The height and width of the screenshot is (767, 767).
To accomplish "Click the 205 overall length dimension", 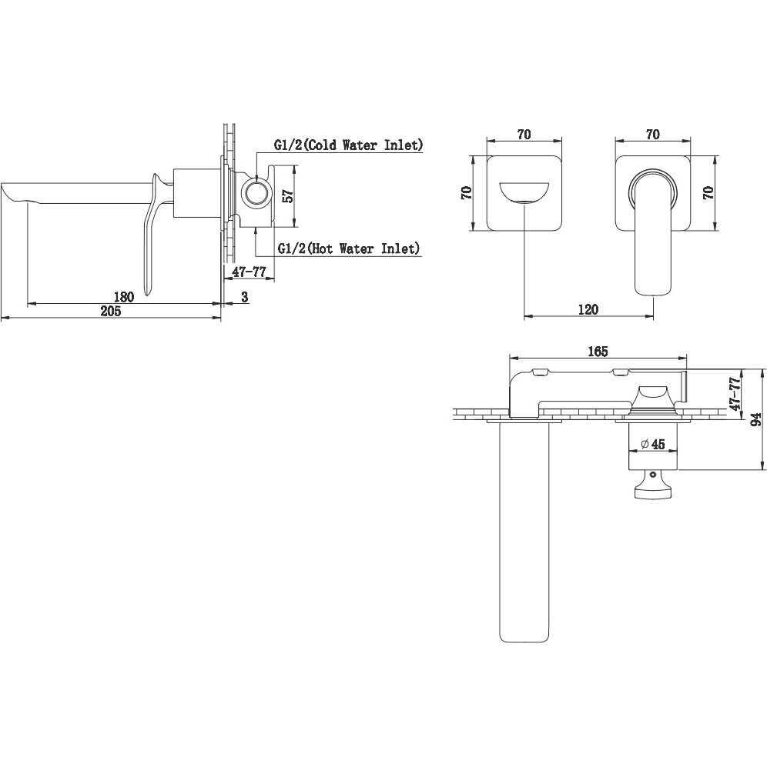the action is pyautogui.click(x=111, y=311).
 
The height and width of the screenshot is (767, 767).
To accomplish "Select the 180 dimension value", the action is pyautogui.click(x=123, y=297).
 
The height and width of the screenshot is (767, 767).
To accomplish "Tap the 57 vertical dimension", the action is pyautogui.click(x=289, y=196).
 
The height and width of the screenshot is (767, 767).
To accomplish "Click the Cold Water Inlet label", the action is pyautogui.click(x=348, y=145).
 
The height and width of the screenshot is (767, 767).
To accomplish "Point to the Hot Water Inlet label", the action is pyautogui.click(x=348, y=248).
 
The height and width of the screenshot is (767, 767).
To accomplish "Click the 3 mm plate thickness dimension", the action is pyautogui.click(x=245, y=297).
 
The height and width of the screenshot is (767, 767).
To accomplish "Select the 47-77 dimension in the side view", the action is pyautogui.click(x=249, y=272).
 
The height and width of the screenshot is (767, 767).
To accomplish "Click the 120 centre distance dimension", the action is pyautogui.click(x=588, y=309).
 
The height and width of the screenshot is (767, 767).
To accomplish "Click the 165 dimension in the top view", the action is pyautogui.click(x=598, y=352).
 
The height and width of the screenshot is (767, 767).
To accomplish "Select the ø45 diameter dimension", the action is pyautogui.click(x=652, y=444).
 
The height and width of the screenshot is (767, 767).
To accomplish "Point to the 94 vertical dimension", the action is pyautogui.click(x=756, y=419).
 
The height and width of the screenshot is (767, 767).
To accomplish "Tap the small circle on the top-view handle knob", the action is pyautogui.click(x=652, y=474).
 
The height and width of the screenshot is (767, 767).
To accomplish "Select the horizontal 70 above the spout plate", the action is pyautogui.click(x=524, y=134).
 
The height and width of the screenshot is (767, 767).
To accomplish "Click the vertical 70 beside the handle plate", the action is pyautogui.click(x=708, y=192).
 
